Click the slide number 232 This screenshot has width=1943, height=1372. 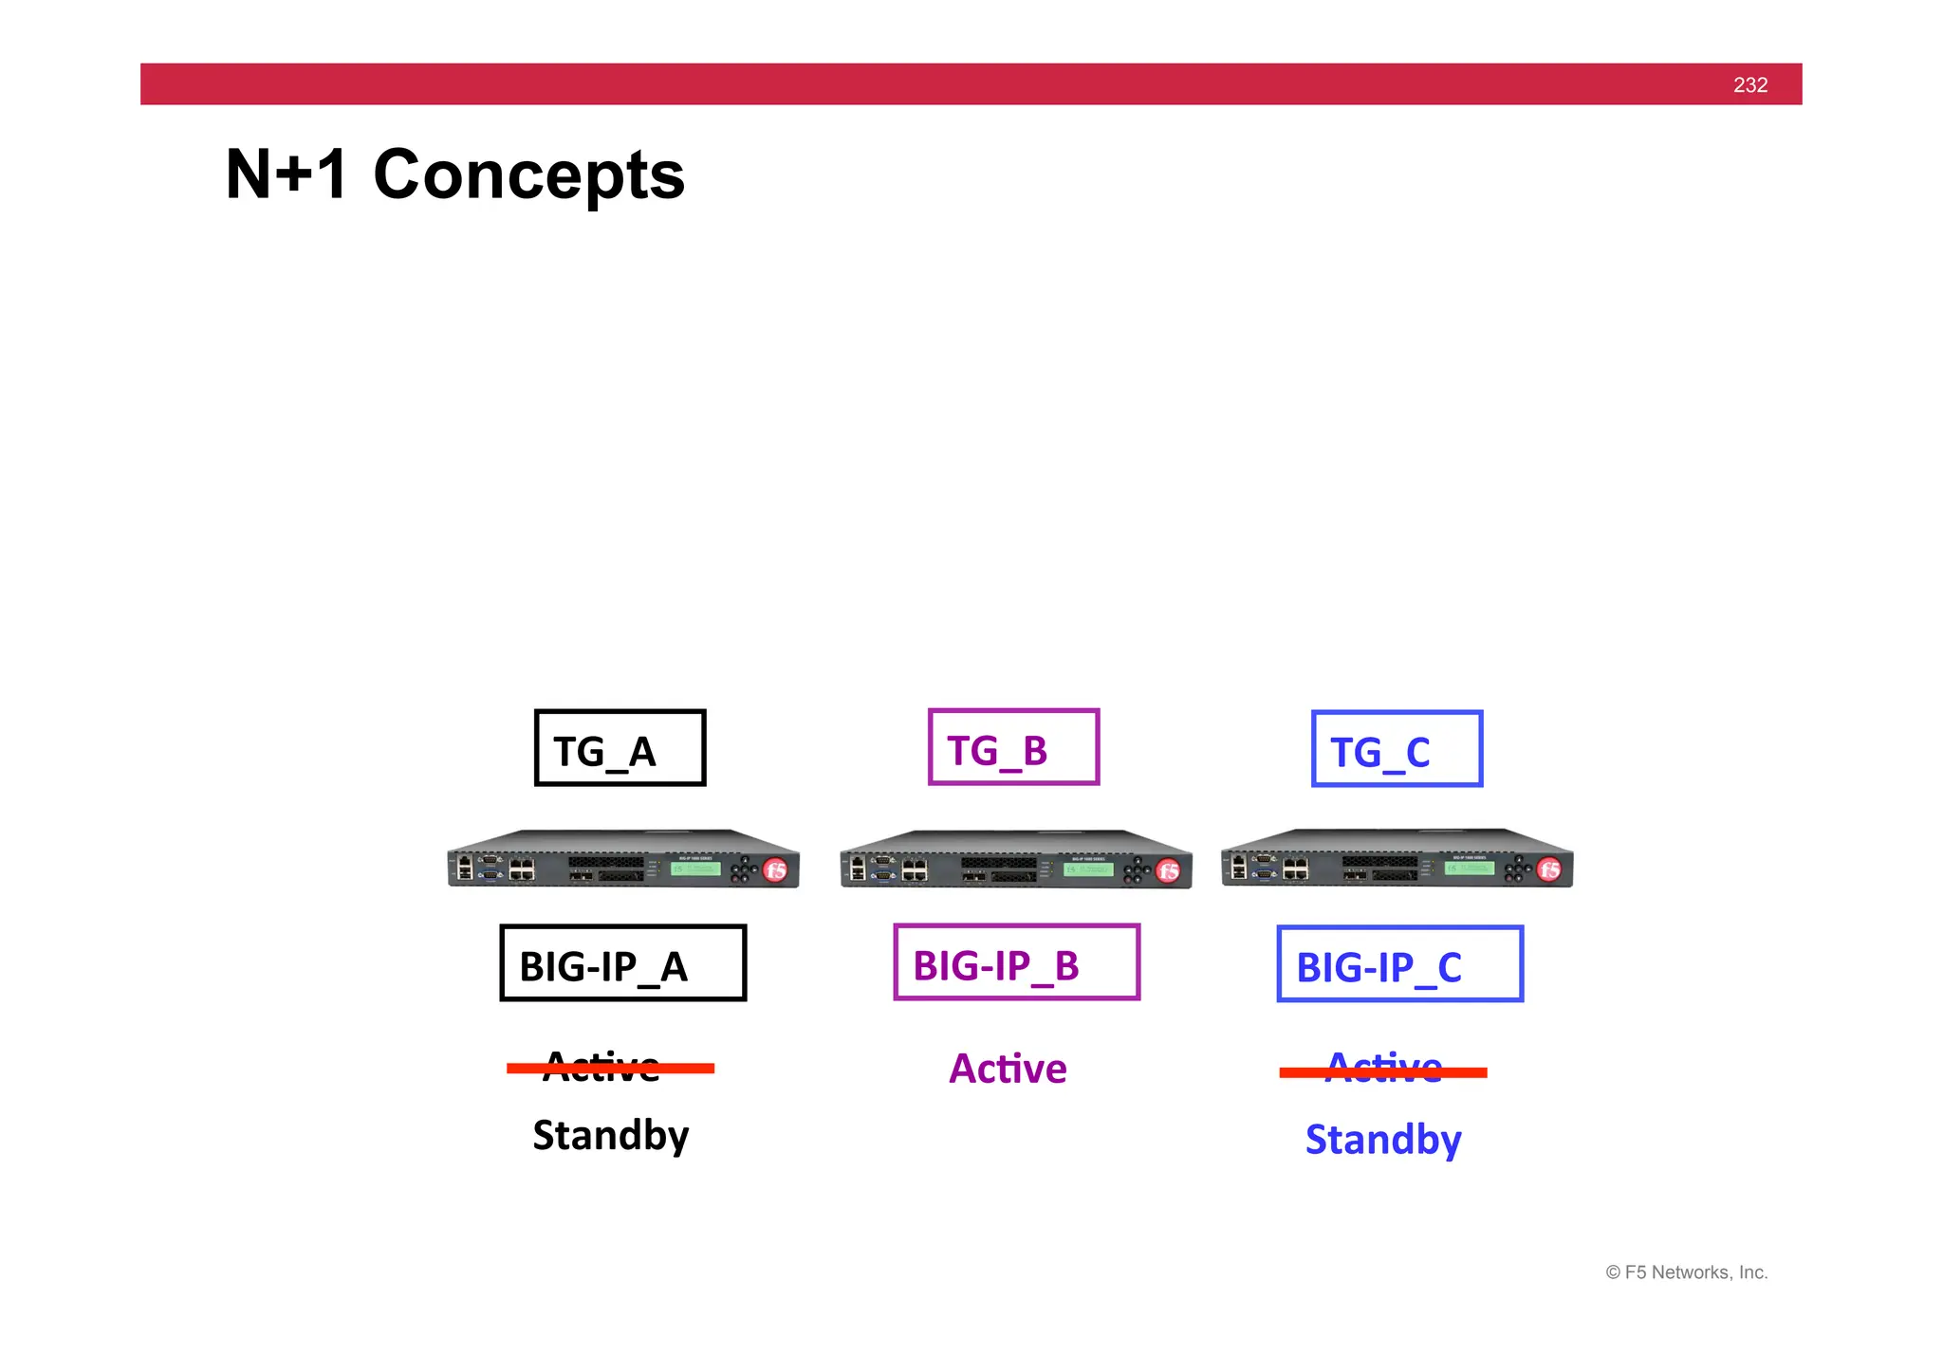1749,85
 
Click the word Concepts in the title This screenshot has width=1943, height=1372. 528,175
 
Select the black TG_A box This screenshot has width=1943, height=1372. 620,748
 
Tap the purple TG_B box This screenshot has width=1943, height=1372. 1013,747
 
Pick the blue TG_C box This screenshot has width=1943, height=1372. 1397,749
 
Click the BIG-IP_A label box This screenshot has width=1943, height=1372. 622,963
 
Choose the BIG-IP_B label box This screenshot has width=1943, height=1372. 1016,962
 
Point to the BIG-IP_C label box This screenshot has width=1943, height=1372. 1399,964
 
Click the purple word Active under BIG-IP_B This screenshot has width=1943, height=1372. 1008,1069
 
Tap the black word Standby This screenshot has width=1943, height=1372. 610,1136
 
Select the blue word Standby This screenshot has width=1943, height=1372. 1382,1140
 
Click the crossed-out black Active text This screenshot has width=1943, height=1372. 602,1068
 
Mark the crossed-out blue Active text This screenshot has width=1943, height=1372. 1383,1070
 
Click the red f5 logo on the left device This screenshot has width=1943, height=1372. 775,870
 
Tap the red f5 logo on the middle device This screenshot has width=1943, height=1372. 1168,870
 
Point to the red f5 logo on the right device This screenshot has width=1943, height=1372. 1549,869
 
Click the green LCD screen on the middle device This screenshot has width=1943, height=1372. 1088,869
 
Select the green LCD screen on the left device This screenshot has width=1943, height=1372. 695,869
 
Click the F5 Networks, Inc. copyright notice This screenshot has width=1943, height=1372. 1686,1272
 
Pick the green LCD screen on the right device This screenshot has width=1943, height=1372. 1470,868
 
